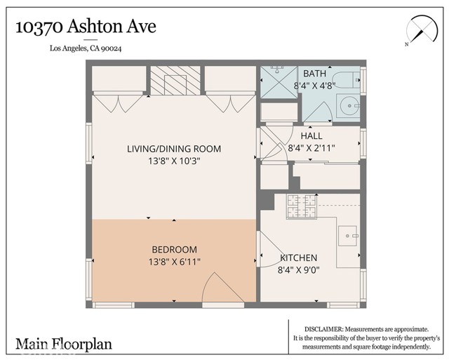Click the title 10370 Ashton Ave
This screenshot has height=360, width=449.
(86, 27)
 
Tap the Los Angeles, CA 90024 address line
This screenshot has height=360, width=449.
(86, 48)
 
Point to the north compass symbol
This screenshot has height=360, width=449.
(422, 31)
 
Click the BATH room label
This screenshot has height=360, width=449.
(314, 74)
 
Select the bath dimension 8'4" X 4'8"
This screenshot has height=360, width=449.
(314, 86)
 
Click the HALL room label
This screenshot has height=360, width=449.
(311, 135)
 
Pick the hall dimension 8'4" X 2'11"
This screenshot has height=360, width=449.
(311, 148)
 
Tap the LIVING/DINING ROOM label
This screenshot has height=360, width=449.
(174, 149)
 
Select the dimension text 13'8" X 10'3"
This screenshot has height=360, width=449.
(174, 161)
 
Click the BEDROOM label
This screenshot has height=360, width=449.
(175, 250)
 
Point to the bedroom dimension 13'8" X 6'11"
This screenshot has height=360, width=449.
(175, 262)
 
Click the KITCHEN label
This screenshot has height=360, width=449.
(299, 258)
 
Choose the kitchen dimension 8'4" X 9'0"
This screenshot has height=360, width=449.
(299, 269)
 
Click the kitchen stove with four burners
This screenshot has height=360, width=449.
(302, 206)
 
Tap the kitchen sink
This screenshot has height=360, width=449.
(348, 236)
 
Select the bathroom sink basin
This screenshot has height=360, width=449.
(349, 106)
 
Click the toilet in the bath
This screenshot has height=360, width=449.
(347, 81)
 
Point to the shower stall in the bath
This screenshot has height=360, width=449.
(279, 83)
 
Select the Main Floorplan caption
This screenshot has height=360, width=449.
(64, 344)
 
